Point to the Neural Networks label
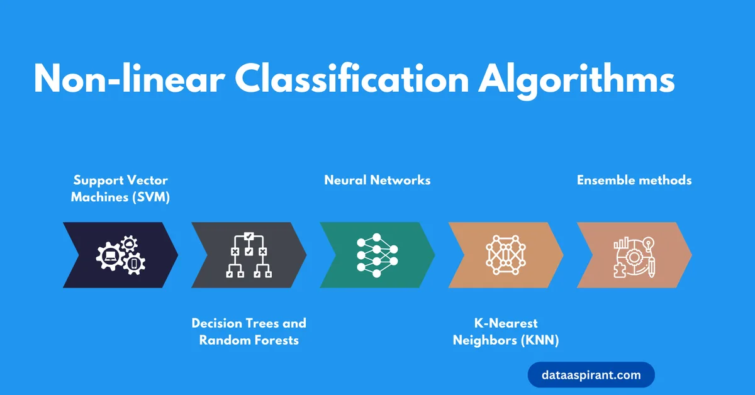pos(377,180)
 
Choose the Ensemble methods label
pos(634,180)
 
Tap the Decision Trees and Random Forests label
pos(249,331)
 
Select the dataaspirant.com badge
pos(591,376)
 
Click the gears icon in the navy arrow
pos(121,255)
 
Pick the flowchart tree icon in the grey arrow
pos(249,255)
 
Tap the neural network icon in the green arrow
pos(377,255)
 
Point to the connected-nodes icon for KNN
pos(505,255)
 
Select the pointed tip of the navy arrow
pos(177,255)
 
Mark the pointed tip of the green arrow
pos(433,255)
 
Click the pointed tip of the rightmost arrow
pos(691,255)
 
